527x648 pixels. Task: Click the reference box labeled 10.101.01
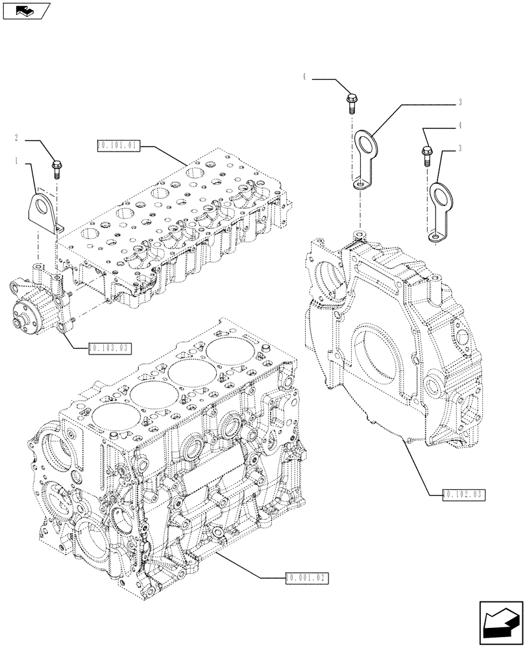pyautogui.click(x=118, y=146)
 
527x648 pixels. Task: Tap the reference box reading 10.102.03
pyautogui.click(x=464, y=495)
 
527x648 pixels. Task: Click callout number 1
pyautogui.click(x=15, y=159)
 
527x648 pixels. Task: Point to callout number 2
pyautogui.click(x=15, y=137)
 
